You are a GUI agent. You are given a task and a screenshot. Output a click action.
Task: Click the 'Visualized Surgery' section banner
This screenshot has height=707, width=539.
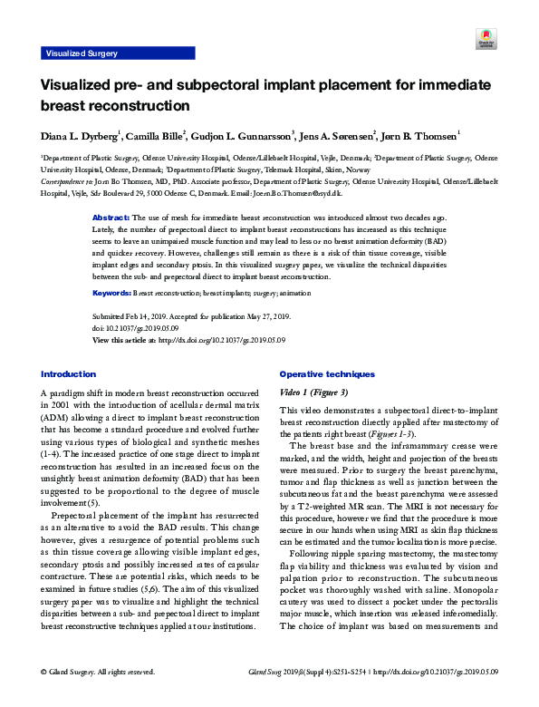82,53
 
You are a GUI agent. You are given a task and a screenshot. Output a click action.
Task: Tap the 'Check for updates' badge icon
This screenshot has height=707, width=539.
484,40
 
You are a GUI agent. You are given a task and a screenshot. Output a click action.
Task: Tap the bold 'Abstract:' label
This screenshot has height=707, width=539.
112,218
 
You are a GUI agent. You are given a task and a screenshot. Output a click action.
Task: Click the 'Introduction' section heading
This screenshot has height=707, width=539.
69,373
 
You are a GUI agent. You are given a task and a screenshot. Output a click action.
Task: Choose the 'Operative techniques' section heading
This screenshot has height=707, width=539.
327,373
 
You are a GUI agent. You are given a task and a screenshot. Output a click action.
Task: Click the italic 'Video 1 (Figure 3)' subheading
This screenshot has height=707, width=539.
313,392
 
